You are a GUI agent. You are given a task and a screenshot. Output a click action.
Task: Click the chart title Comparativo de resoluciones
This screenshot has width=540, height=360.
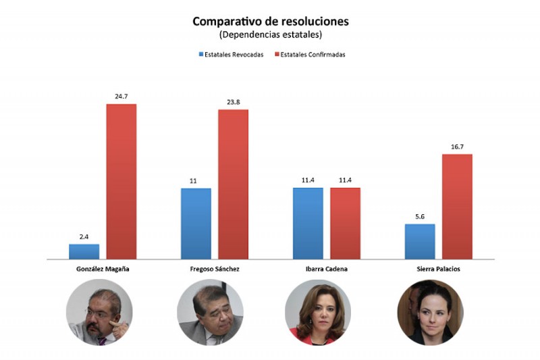click(x=271, y=22)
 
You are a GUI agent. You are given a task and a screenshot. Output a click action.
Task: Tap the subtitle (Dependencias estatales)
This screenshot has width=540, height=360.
click(x=271, y=35)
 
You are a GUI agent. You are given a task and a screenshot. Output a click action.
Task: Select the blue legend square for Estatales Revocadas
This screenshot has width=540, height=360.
click(x=201, y=54)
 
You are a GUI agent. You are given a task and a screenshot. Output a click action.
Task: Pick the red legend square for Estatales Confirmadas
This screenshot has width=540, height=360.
click(x=277, y=54)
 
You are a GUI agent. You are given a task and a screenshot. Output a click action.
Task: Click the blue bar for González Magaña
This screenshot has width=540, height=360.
click(x=84, y=251)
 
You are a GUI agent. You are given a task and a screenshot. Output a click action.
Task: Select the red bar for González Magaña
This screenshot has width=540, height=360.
click(x=122, y=182)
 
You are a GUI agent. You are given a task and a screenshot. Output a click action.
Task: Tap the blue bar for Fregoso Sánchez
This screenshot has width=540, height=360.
click(x=196, y=224)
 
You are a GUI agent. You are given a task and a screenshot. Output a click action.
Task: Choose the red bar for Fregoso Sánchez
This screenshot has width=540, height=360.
click(x=233, y=184)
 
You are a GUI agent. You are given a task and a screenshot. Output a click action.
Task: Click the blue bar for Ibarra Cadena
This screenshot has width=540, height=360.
click(x=308, y=224)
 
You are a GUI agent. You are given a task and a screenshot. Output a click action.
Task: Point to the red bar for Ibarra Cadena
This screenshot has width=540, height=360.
click(x=346, y=224)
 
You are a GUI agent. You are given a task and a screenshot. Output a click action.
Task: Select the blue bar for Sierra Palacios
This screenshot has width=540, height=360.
click(x=420, y=242)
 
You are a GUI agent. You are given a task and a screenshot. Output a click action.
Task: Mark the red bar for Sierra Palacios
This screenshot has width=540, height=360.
click(x=458, y=207)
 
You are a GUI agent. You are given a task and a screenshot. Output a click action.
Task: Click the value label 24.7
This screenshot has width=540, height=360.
click(x=122, y=97)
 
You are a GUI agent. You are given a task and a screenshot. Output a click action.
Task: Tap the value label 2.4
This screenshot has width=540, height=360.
click(x=84, y=236)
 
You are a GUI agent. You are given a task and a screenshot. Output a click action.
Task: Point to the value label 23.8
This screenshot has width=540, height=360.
click(x=233, y=102)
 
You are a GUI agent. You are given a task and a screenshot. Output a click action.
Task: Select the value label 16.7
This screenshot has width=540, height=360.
click(x=458, y=147)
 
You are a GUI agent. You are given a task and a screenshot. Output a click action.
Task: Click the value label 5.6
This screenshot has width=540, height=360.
click(x=420, y=217)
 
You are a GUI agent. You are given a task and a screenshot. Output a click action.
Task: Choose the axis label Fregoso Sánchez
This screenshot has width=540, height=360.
click(x=215, y=269)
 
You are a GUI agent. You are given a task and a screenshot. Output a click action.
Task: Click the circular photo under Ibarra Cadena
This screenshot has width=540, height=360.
click(x=318, y=312)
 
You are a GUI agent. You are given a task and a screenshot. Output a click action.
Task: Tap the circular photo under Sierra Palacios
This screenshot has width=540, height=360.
click(x=430, y=312)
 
